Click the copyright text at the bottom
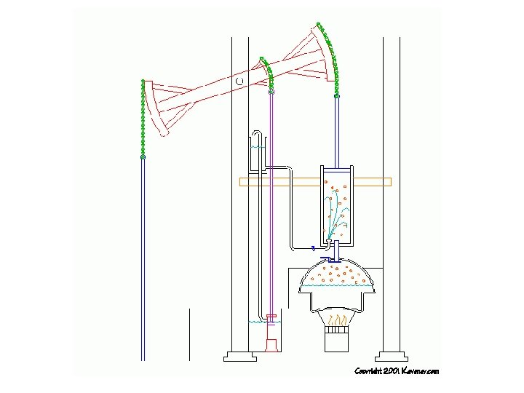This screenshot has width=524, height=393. point(397,371)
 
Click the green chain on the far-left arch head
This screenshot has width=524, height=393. point(143,116)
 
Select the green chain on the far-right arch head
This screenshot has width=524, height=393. point(330,55)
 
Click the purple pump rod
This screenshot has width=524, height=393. point(271,204)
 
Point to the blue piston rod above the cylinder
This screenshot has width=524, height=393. point(336,131)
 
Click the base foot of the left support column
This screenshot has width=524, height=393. point(239,357)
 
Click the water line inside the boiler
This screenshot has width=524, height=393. point(337,287)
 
